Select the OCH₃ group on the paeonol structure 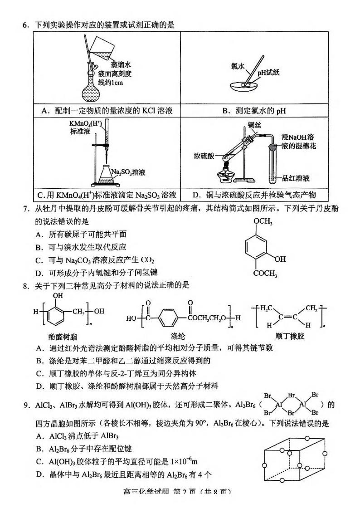coord(263,221)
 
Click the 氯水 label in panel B coord(238,66)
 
